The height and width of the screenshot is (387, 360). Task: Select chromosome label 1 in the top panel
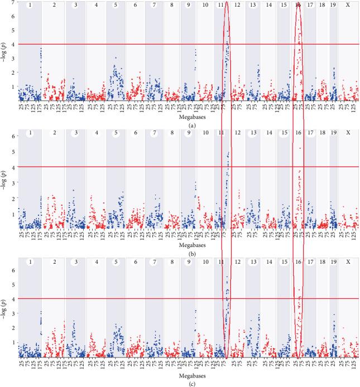[x=30, y=5]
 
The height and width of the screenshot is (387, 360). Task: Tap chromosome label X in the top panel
[x=348, y=5]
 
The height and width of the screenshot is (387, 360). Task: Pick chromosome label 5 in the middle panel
[x=115, y=133]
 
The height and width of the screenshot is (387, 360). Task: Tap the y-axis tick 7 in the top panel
[x=12, y=4]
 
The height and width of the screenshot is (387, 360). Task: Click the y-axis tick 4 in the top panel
[x=12, y=44]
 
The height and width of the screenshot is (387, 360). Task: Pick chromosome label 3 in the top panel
[x=75, y=5]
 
